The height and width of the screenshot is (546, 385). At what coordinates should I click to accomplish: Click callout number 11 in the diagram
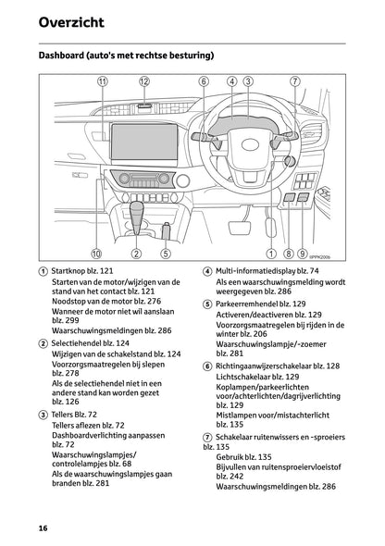click(102, 81)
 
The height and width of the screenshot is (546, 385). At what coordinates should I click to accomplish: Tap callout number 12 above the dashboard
click(144, 81)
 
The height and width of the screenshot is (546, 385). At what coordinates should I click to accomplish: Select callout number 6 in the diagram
click(203, 81)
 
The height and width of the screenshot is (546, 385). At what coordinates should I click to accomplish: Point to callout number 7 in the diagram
click(294, 81)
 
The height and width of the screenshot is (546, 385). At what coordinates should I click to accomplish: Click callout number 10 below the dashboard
click(96, 253)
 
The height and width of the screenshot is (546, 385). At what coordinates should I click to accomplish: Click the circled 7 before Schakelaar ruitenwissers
click(207, 435)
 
